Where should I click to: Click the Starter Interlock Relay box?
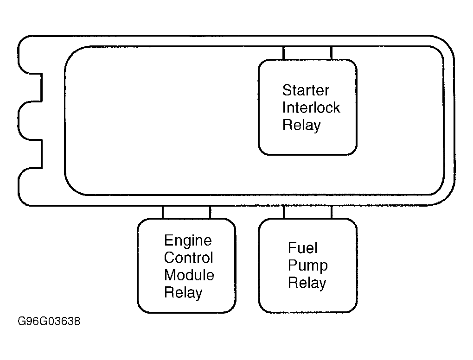(x=308, y=107)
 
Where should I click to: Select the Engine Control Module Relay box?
(x=186, y=265)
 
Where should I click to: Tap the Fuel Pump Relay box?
(x=308, y=265)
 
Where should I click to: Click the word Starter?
(x=306, y=90)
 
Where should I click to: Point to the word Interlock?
(x=311, y=107)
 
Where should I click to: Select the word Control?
(x=189, y=258)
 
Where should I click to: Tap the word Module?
(x=189, y=275)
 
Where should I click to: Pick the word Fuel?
(x=302, y=248)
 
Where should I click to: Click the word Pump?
(x=308, y=266)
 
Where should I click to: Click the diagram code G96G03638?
(x=49, y=322)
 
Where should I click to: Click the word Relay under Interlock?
(x=301, y=126)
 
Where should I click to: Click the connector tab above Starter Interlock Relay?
(x=307, y=53)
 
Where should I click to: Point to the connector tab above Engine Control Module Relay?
(x=186, y=213)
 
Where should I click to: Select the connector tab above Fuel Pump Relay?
(x=308, y=212)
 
